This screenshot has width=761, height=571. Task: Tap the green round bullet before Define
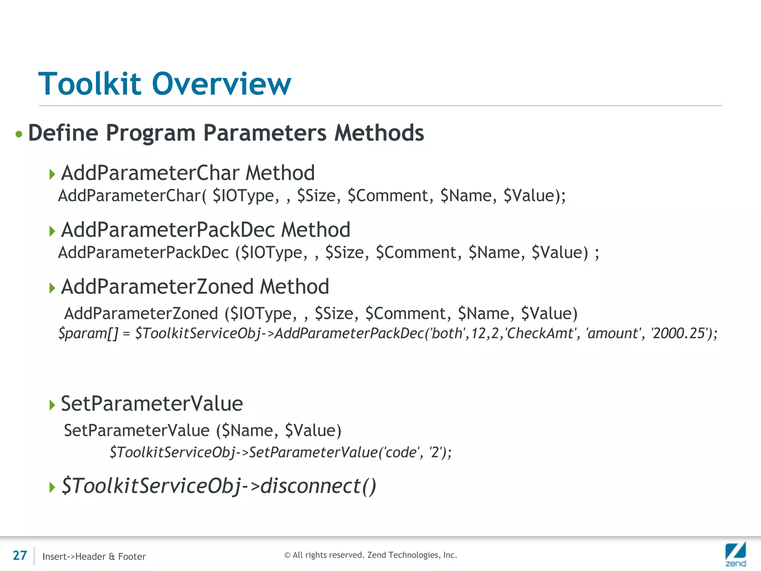[19, 134]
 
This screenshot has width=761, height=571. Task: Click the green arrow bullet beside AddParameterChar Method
[52, 174]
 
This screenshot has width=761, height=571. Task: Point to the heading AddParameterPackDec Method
[205, 229]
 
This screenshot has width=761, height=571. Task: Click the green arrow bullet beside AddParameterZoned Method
[52, 288]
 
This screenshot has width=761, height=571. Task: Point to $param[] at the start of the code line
[88, 333]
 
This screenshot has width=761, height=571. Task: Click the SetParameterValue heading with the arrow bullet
[152, 404]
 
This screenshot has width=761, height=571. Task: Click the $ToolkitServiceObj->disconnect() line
[219, 485]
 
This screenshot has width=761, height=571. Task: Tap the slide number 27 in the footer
[20, 555]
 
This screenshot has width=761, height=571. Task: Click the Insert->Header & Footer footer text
[94, 557]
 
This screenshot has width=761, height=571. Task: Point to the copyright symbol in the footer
[287, 555]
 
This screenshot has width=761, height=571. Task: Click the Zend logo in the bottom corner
[735, 554]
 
